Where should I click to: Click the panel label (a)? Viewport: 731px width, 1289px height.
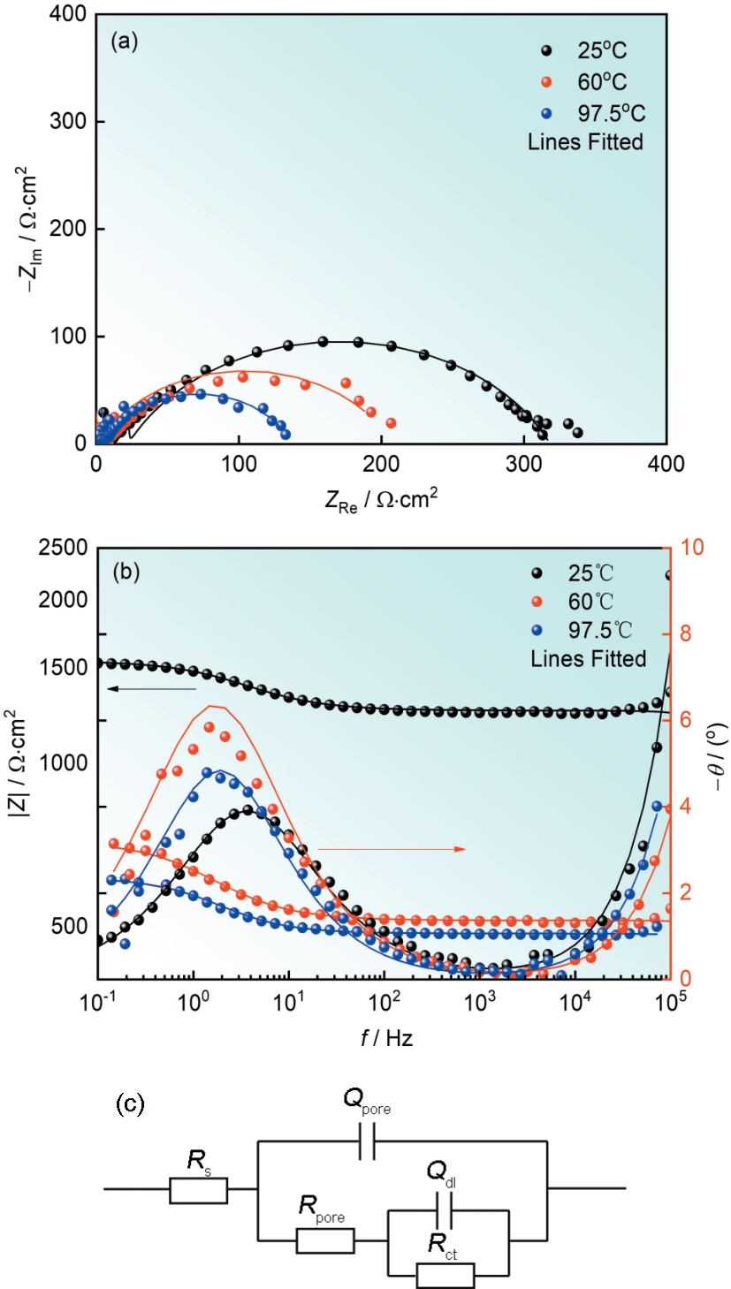(124, 42)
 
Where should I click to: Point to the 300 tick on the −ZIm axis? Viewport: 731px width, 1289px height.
(72, 121)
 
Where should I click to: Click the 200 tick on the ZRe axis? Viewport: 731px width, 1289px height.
(381, 462)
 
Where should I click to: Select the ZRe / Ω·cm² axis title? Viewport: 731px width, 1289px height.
(381, 499)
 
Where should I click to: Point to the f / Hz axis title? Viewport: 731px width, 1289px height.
(381, 1039)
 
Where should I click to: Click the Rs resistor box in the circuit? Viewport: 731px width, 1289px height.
(198, 1189)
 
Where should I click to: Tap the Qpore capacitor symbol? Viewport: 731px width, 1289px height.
(369, 1147)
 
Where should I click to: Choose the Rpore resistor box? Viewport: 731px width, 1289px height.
(325, 1240)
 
